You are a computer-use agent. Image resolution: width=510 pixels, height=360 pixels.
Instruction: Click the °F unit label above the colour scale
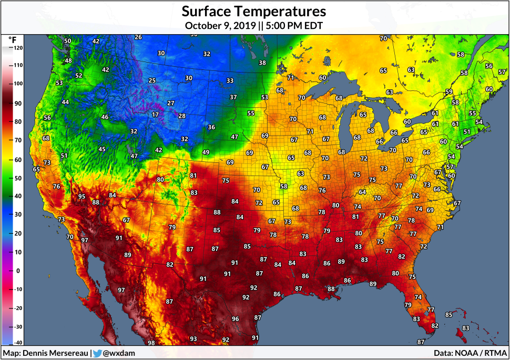click(x=13, y=39)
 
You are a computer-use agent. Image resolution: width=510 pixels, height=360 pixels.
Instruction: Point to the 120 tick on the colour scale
click(x=18, y=48)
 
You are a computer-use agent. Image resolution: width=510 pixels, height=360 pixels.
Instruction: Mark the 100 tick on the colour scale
click(x=18, y=84)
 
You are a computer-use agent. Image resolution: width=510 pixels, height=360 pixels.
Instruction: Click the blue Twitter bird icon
click(x=97, y=353)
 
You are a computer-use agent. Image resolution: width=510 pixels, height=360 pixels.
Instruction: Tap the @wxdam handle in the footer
click(x=119, y=353)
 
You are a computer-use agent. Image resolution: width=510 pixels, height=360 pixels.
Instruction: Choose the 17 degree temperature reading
click(x=155, y=115)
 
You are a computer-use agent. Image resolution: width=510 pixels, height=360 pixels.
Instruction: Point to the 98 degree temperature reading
click(x=151, y=343)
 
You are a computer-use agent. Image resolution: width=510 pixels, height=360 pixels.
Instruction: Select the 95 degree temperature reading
click(x=81, y=197)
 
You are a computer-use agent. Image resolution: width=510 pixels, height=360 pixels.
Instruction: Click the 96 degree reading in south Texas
click(x=235, y=319)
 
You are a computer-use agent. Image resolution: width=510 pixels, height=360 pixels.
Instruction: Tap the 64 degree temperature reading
click(x=362, y=192)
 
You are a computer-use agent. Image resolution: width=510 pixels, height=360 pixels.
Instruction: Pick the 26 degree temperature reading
click(x=138, y=37)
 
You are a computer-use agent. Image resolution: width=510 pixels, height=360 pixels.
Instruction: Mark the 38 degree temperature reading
click(x=262, y=63)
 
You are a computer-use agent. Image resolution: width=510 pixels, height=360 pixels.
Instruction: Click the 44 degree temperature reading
click(x=65, y=102)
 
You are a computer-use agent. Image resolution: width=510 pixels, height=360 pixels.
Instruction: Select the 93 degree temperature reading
click(x=193, y=339)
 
